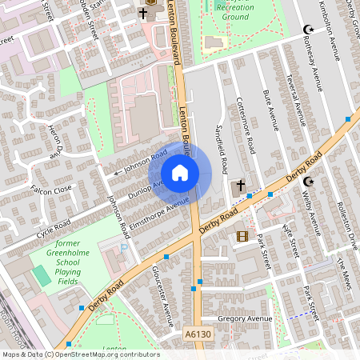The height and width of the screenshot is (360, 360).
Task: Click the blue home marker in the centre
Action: [180, 172]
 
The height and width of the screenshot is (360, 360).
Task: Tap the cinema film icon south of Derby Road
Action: [242, 236]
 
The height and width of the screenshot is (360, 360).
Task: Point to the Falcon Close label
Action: [51, 189]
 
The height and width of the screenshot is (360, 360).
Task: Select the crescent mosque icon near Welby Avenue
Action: [309, 183]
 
